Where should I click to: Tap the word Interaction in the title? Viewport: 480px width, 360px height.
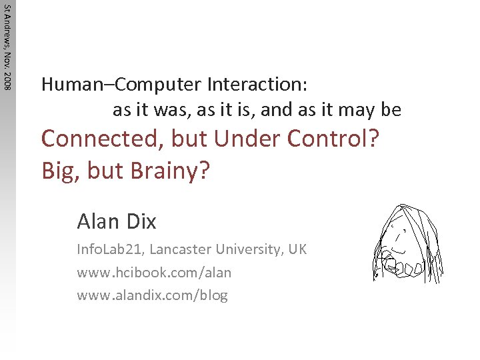click(257, 85)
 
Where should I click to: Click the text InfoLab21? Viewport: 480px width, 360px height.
click(111, 249)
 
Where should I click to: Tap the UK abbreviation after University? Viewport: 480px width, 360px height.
click(297, 249)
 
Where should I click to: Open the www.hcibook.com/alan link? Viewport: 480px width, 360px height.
click(154, 272)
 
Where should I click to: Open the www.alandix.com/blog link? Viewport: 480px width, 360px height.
click(153, 295)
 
